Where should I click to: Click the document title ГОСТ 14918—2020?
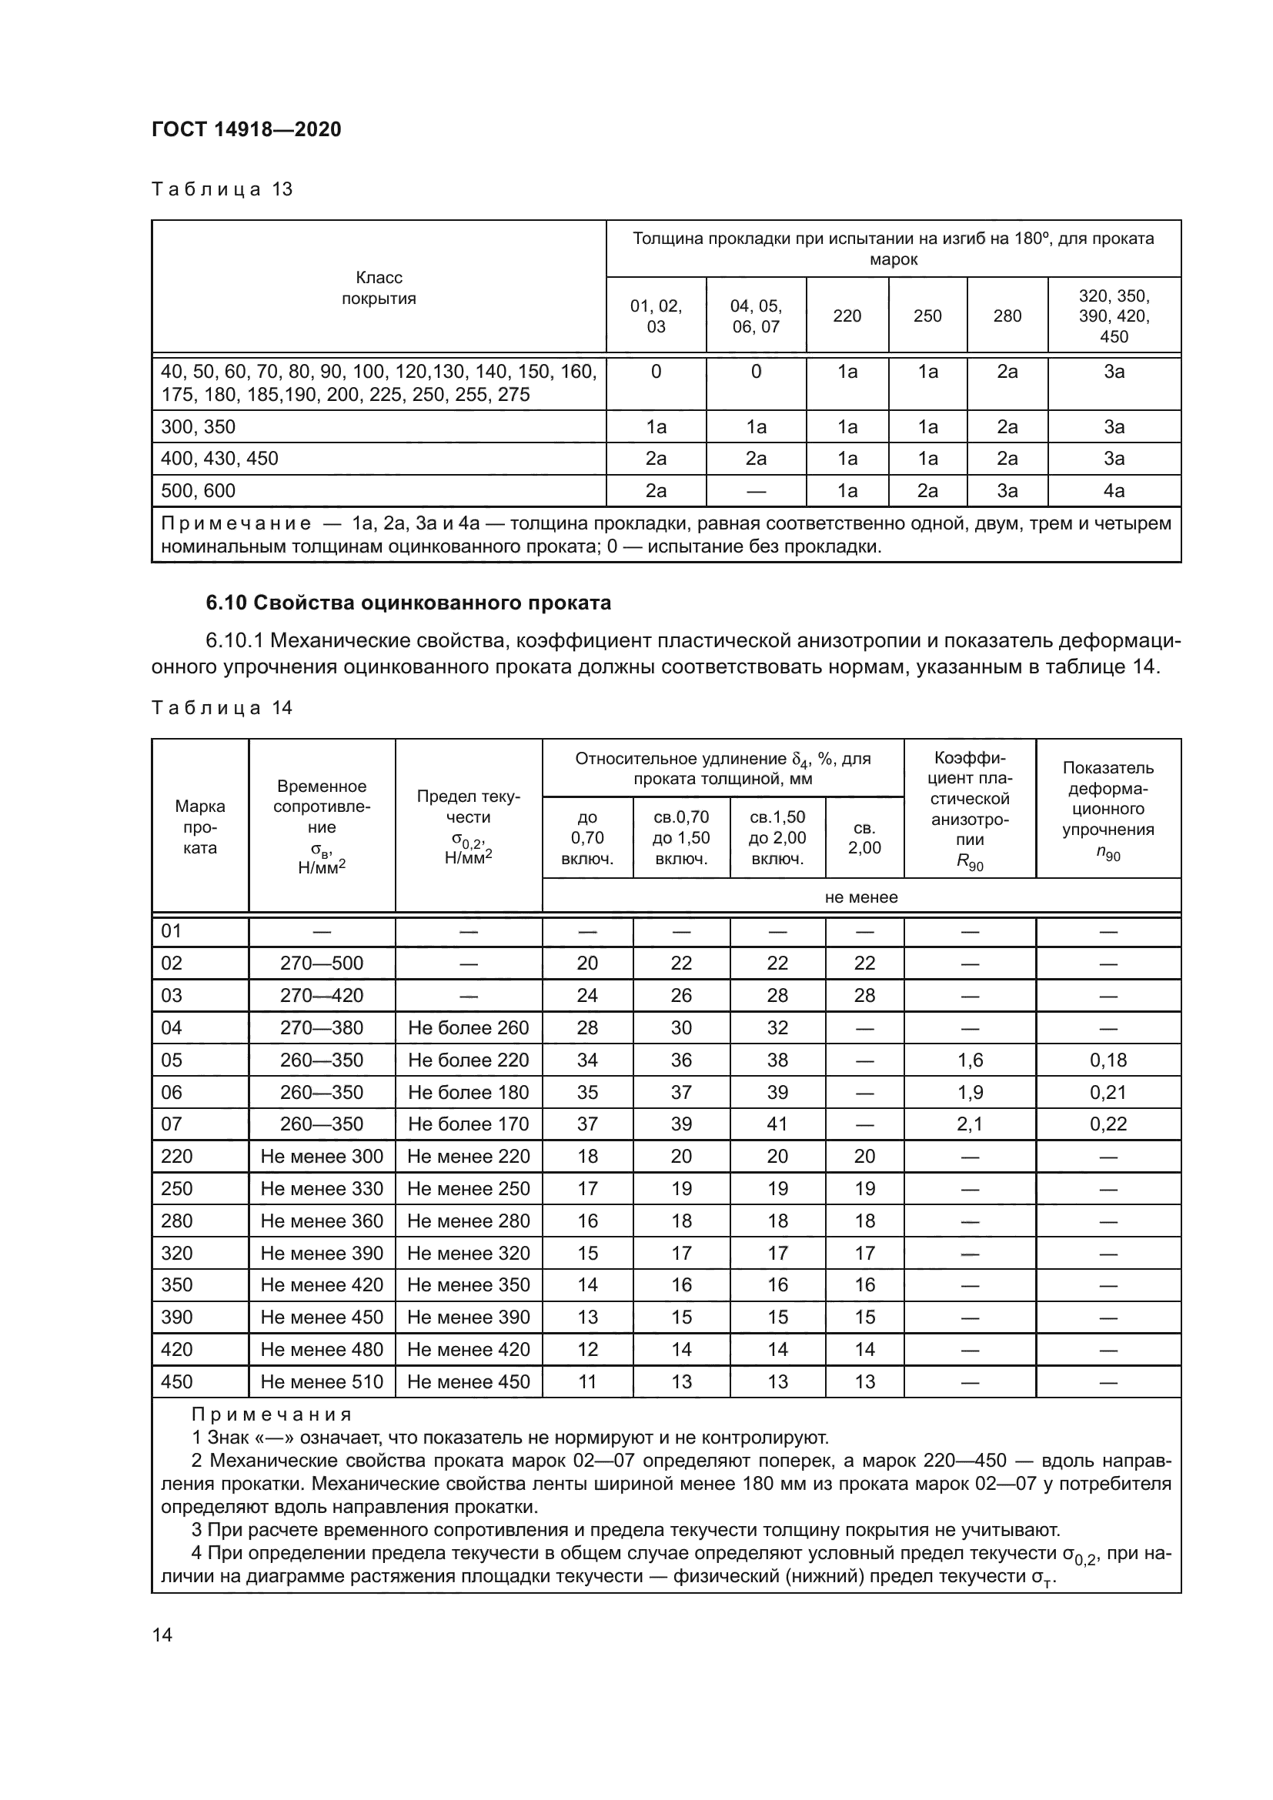(x=246, y=129)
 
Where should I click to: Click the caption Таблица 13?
(x=222, y=189)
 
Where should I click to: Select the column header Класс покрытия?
(x=379, y=288)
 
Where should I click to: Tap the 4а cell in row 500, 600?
(x=1114, y=491)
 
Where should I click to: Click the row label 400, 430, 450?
(x=219, y=459)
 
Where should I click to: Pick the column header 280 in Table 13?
(x=1007, y=316)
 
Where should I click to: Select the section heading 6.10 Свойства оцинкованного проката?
(x=408, y=603)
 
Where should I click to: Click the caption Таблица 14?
(x=222, y=708)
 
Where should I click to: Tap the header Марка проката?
(x=200, y=827)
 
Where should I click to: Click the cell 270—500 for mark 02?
(x=322, y=963)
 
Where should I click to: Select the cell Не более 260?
(x=468, y=1028)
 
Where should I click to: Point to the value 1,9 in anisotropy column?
(x=970, y=1092)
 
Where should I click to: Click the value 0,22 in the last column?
(x=1108, y=1124)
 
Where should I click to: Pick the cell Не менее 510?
(x=322, y=1382)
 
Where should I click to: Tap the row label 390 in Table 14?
(x=176, y=1317)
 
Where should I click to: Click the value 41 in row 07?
(x=777, y=1124)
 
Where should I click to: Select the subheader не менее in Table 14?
(x=860, y=897)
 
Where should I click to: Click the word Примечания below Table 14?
(x=272, y=1415)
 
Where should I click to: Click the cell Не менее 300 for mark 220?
(x=322, y=1157)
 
